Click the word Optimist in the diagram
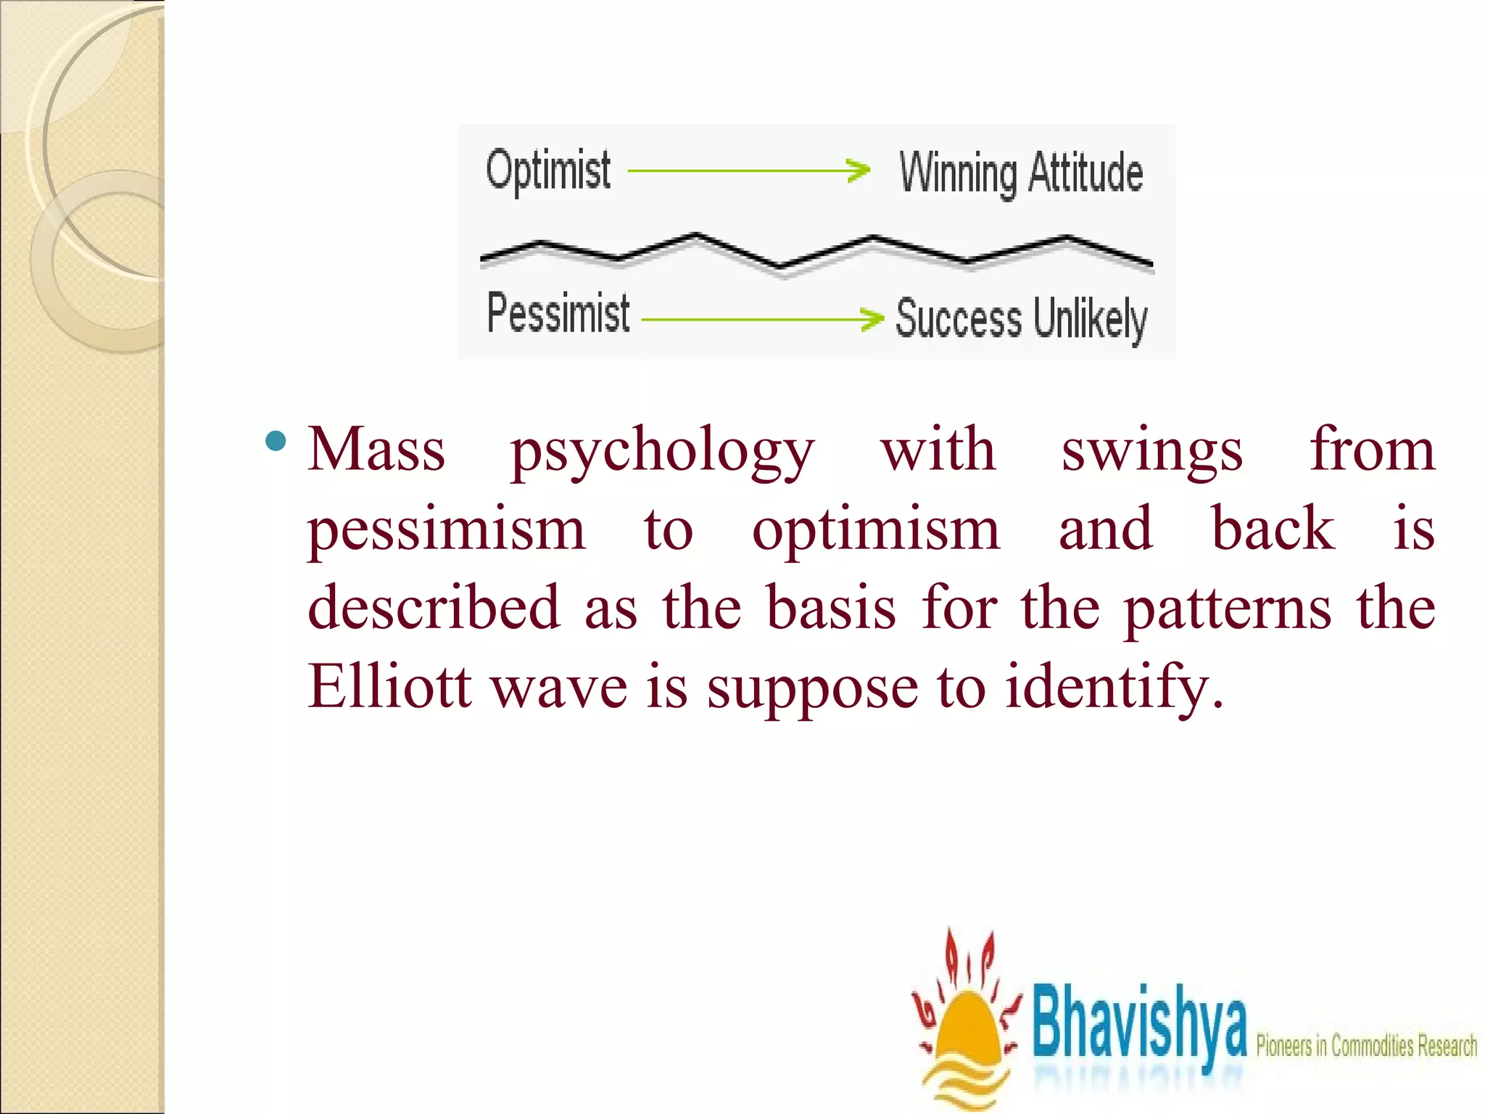pyautogui.click(x=548, y=171)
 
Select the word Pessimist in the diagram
pyautogui.click(x=558, y=313)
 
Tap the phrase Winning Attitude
pyautogui.click(x=1021, y=174)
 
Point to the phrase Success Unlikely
pyautogui.click(x=1021, y=319)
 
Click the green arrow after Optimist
pyautogui.click(x=748, y=171)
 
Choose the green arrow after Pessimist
pyautogui.click(x=763, y=318)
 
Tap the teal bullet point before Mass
pyautogui.click(x=276, y=440)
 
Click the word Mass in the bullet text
pyautogui.click(x=376, y=450)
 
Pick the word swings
pyautogui.click(x=1152, y=453)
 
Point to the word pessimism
pyautogui.click(x=446, y=531)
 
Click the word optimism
pyautogui.click(x=876, y=531)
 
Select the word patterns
pyautogui.click(x=1228, y=611)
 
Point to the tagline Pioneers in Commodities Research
pyautogui.click(x=1366, y=1047)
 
